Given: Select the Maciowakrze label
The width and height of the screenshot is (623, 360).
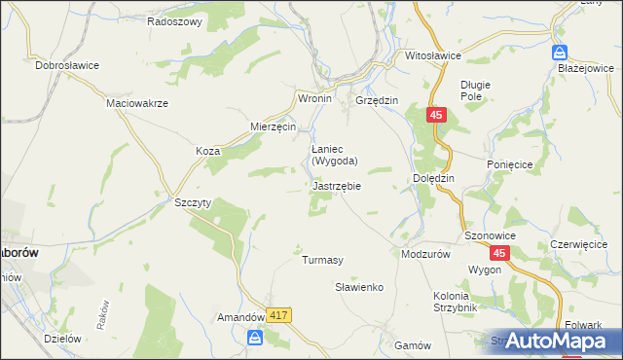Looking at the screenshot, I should coord(137,102).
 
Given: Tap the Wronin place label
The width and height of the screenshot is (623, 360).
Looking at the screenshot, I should coord(314,99).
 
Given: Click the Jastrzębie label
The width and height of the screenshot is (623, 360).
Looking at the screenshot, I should coord(338,185).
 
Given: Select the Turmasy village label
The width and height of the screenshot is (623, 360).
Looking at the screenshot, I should coord(322,260).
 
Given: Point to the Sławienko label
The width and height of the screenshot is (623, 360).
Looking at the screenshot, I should coord(360,287).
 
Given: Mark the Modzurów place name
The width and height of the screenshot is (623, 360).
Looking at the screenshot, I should coord(426,253).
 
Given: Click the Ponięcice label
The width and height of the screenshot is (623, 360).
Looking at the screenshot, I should coord(509,165).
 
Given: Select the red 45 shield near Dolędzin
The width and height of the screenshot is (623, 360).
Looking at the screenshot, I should coord(435,115).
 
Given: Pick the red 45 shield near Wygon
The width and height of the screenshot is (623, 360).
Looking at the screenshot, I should coord(498,253).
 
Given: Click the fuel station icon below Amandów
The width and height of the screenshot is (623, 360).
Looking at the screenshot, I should coord(255,338).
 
